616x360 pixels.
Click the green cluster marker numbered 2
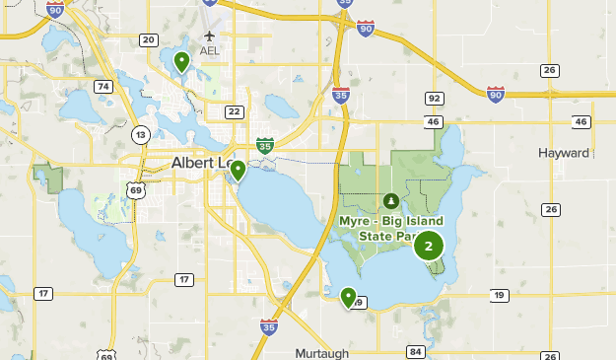coord(428,246)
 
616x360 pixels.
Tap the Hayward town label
coord(564,153)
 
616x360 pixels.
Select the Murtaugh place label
coord(322,352)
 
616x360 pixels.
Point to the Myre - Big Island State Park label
coord(390,228)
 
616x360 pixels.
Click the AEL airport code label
coord(209,50)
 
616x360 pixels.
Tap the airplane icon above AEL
coord(209,36)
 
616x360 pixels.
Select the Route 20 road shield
coord(149,39)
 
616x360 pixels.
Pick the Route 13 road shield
coord(142,134)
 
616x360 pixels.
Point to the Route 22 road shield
coord(234,111)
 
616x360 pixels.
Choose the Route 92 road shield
coord(434,99)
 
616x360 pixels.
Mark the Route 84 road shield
coord(415,352)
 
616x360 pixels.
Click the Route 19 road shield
coord(500,295)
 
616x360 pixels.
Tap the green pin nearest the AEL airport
coord(181,62)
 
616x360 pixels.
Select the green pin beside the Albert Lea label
coord(238,171)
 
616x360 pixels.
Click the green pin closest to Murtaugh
coord(348,296)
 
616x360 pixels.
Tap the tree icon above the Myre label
coord(391,200)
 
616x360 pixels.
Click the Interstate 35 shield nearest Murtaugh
coord(269,325)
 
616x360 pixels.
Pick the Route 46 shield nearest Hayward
coord(581,121)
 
